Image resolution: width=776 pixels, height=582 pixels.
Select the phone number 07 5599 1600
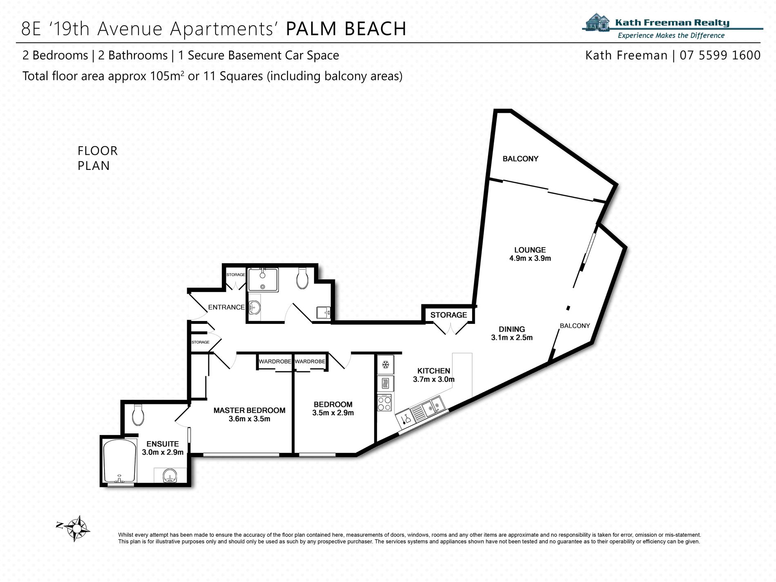coord(720,55)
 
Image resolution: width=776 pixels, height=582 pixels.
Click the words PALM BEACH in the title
coord(346,29)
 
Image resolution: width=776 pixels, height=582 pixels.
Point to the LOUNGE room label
coord(530,250)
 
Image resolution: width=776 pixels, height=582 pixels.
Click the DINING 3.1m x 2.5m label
coord(512,333)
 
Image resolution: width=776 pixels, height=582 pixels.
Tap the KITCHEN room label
coord(434,371)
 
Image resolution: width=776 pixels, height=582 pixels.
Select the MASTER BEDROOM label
coord(250,410)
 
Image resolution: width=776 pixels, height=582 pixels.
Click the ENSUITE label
coord(163,444)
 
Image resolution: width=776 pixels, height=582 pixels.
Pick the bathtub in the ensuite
coord(119,461)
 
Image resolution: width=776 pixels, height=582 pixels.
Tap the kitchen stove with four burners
coord(384,403)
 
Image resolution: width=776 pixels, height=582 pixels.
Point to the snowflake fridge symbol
coord(385,364)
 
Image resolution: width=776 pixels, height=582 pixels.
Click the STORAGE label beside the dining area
coord(448,315)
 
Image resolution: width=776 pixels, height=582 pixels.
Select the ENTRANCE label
coord(226,307)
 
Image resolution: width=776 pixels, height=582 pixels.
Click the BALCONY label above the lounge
coord(520,159)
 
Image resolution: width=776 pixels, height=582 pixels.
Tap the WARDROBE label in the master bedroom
coord(275,361)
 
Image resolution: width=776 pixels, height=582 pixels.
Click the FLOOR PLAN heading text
coord(98,158)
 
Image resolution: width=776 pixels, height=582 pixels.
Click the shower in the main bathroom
coord(263,280)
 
